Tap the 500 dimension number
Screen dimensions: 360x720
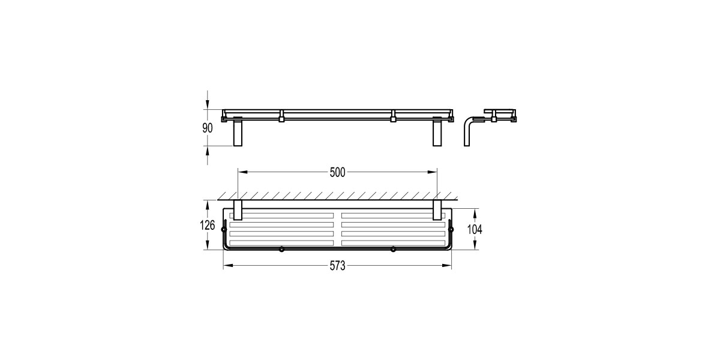click(x=337, y=172)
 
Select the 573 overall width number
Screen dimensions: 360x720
click(x=337, y=267)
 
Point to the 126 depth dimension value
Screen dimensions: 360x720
click(x=208, y=226)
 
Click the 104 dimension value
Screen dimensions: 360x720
click(x=475, y=229)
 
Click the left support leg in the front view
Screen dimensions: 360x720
click(x=237, y=133)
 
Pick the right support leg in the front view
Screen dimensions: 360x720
click(x=437, y=133)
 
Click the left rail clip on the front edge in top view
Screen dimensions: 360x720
click(x=281, y=249)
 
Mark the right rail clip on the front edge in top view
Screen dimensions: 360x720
click(x=393, y=249)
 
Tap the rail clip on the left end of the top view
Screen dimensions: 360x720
click(x=224, y=229)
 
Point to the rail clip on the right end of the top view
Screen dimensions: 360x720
click(x=451, y=229)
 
